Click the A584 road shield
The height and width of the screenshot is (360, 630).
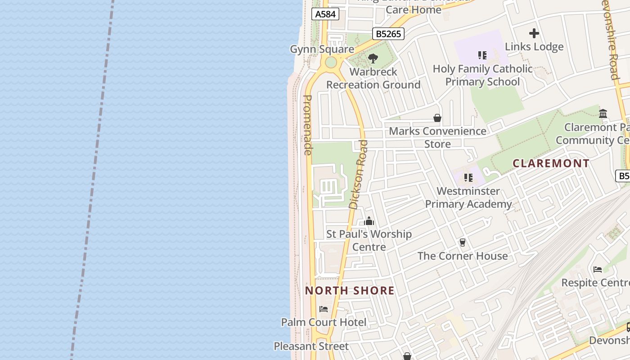325,14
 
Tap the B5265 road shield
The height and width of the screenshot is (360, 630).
388,34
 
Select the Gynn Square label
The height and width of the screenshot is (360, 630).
322,49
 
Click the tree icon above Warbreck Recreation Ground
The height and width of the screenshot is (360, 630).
373,58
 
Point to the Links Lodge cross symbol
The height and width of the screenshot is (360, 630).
534,33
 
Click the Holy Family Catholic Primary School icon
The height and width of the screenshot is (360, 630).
482,55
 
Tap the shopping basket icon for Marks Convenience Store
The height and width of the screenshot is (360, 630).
437,118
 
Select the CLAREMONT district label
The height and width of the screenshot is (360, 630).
551,163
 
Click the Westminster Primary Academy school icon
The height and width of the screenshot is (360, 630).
468,178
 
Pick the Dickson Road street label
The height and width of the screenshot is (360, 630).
359,175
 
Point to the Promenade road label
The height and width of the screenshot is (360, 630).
308,125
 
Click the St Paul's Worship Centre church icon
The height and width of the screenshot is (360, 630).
369,221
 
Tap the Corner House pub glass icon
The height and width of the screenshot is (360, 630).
462,243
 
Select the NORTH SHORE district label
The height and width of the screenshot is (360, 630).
350,291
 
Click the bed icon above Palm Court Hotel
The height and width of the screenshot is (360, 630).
324,309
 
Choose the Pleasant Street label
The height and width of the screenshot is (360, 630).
311,346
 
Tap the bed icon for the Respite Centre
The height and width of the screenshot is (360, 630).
598,270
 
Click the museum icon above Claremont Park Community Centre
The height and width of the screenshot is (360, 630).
603,113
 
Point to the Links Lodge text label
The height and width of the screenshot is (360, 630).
534,47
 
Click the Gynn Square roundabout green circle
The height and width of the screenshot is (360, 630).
331,62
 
